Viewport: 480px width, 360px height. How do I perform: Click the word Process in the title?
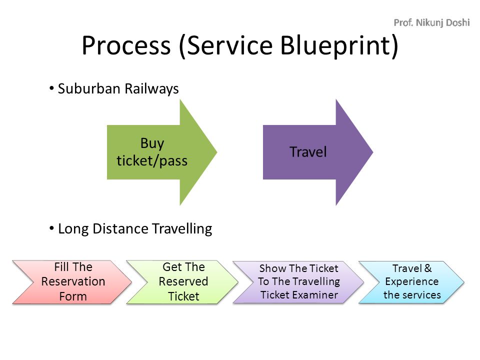point(126,45)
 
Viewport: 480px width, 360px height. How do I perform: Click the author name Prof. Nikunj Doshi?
point(431,22)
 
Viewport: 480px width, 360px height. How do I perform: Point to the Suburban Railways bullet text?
point(118,89)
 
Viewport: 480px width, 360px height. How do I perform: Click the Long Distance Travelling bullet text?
point(135,228)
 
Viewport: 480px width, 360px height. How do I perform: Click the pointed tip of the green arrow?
point(216,152)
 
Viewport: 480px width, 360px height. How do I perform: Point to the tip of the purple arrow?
point(373,152)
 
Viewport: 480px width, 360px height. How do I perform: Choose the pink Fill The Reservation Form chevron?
point(72,282)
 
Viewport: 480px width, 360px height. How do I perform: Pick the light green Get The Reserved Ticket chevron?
point(182,282)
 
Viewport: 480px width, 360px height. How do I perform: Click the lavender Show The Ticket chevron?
point(298,282)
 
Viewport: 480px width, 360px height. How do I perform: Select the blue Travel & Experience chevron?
point(411,282)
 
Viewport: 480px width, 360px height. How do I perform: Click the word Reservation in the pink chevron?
point(73,281)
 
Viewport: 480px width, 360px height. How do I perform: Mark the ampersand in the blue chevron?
point(428,268)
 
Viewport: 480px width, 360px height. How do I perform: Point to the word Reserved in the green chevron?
point(183,281)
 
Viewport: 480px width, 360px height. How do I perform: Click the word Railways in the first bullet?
point(151,89)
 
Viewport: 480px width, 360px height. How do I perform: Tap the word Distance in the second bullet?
point(120,228)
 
